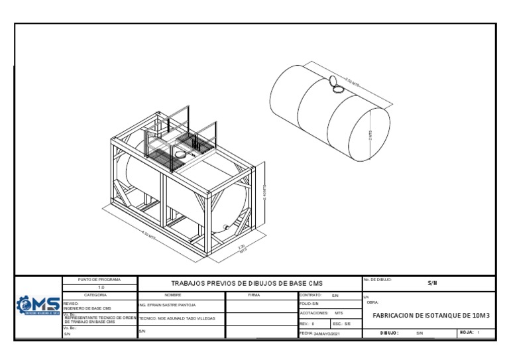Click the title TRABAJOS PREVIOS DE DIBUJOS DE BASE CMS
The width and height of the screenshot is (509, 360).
247,283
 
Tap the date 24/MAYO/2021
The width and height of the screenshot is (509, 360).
326,333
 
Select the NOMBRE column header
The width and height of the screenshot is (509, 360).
181,294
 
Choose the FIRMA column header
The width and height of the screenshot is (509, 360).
254,294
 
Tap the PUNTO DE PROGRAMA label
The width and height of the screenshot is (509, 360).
99,280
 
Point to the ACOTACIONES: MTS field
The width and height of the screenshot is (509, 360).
321,313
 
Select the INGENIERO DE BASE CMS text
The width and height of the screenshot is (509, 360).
87,308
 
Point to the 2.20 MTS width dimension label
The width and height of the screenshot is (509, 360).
242,249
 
